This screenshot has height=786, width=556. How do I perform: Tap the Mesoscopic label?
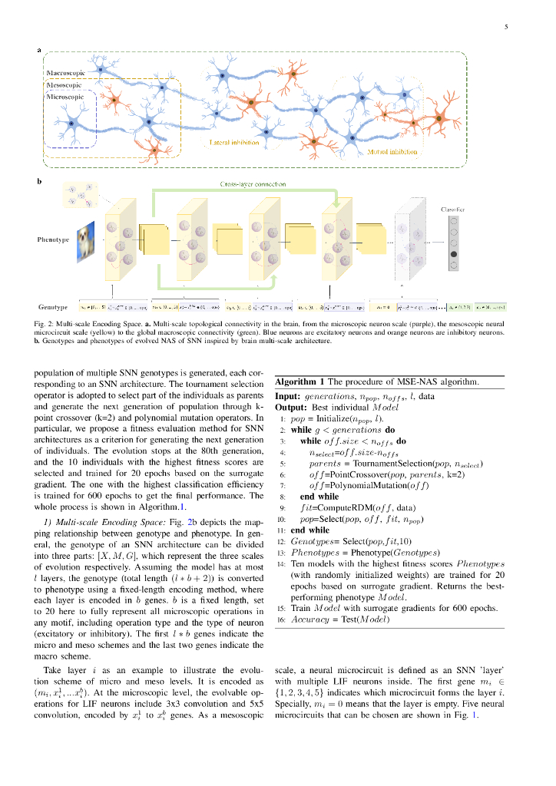coord(64,85)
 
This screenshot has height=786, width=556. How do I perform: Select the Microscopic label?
coord(65,97)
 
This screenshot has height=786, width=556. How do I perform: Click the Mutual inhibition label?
coord(392,152)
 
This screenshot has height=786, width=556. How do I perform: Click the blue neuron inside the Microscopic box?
coord(71,124)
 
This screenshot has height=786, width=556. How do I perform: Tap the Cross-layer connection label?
coord(253,184)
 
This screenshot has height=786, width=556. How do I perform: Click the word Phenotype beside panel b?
coord(53,240)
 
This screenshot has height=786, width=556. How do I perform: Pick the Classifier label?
coord(452,209)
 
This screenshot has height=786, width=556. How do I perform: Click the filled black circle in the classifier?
coord(453,254)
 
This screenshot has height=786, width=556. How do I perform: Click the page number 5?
coord(506,28)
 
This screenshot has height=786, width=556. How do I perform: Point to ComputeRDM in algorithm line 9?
coord(349,507)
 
